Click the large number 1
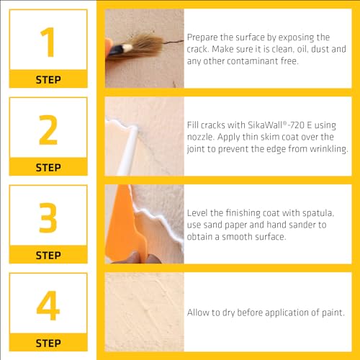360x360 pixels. pos(48,41)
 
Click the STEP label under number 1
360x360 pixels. pos(48,79)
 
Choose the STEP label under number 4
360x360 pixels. pos(48,343)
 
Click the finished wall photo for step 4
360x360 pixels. pos(143,312)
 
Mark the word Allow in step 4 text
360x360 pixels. pos(199,312)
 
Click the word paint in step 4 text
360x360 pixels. pos(330,312)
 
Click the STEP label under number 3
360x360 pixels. pos(48,255)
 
